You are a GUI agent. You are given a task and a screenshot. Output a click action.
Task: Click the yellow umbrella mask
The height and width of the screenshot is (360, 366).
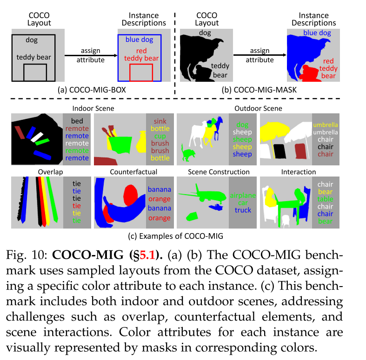(273, 132)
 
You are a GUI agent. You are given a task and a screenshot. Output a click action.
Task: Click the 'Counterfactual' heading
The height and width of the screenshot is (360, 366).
(130, 172)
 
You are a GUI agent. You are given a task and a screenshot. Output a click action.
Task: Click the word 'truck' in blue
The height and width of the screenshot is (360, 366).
(243, 210)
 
